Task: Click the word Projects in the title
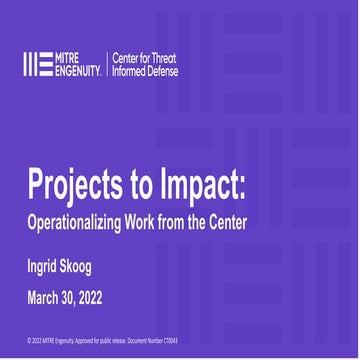coord(69,189)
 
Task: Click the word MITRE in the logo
coord(74,58)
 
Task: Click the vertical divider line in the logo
coord(108,65)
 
